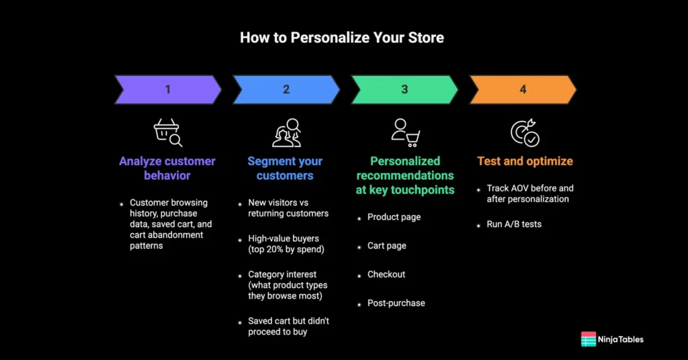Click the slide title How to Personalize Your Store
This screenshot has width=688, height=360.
point(342,38)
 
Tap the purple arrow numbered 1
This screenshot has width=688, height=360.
point(167,89)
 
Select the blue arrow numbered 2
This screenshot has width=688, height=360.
point(286,89)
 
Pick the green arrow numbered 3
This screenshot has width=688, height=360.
point(404,89)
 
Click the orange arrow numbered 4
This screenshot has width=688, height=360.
point(523,89)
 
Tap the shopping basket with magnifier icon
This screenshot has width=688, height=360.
point(167,132)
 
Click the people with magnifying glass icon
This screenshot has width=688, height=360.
point(286,132)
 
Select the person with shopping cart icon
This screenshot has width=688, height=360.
point(405,132)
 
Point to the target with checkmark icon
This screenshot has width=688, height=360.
point(525,132)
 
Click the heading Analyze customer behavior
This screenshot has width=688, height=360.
point(167,169)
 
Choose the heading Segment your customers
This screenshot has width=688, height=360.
point(285,169)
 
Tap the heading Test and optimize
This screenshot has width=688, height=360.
point(525,161)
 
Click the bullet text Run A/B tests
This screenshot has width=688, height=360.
point(514,224)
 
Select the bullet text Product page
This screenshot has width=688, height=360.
point(394,217)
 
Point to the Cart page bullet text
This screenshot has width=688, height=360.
point(386,246)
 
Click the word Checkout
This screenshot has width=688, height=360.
point(386,275)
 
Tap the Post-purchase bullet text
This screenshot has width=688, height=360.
point(396,303)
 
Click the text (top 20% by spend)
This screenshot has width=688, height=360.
point(286,249)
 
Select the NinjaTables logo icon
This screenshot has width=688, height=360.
point(589,339)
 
